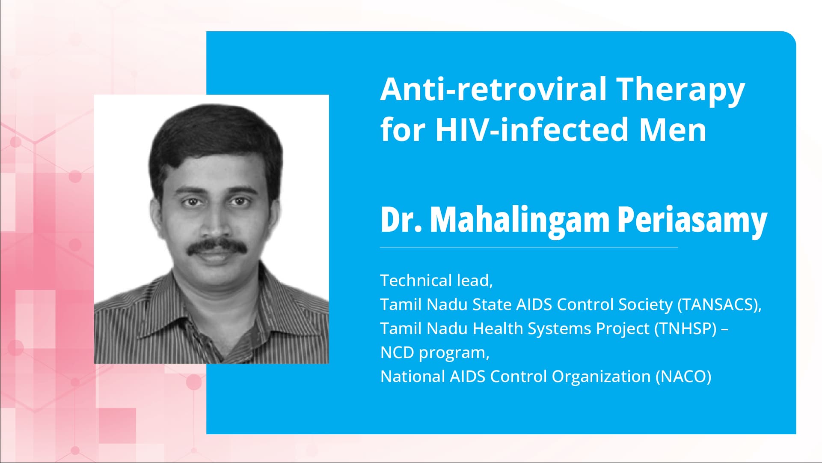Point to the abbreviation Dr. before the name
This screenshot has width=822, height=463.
coord(401,220)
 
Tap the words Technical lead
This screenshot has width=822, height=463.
coord(436,281)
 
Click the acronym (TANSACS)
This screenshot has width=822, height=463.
coord(719,305)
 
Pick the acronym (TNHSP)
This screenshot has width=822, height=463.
coord(685,329)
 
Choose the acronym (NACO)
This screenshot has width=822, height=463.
coord(683,376)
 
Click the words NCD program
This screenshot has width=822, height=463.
coord(434,352)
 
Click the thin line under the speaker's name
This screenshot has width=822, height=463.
coord(528,247)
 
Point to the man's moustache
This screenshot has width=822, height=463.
coord(218,247)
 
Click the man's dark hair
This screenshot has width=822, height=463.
coord(214,137)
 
